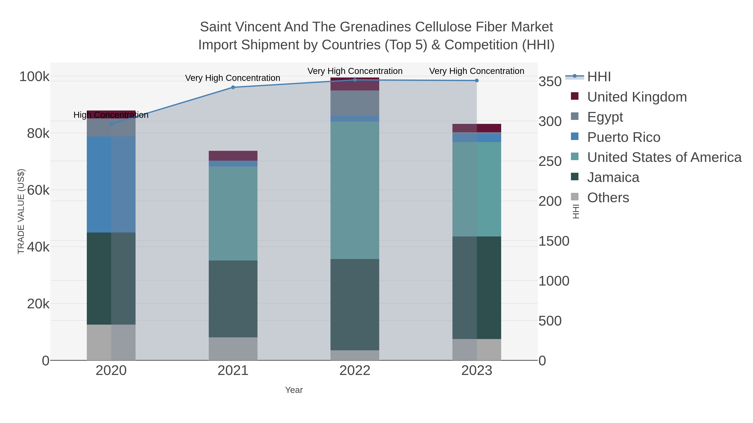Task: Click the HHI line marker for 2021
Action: pyautogui.click(x=233, y=87)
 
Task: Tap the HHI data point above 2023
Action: pyautogui.click(x=477, y=81)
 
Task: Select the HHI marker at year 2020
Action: pyautogui.click(x=111, y=124)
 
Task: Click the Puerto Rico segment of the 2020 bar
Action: pyautogui.click(x=111, y=184)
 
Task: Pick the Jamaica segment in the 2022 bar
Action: pyautogui.click(x=355, y=305)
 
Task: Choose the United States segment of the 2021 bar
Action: pyautogui.click(x=233, y=213)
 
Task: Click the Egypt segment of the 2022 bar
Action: pyautogui.click(x=355, y=103)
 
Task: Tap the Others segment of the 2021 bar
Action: pyautogui.click(x=233, y=349)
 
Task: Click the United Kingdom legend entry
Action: pyautogui.click(x=637, y=97)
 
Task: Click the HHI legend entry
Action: pyautogui.click(x=599, y=77)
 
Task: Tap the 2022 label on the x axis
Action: pyautogui.click(x=355, y=371)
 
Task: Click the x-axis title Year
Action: pyautogui.click(x=294, y=390)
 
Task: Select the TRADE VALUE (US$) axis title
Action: pyautogui.click(x=21, y=211)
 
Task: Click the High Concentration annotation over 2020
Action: pyautogui.click(x=111, y=115)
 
